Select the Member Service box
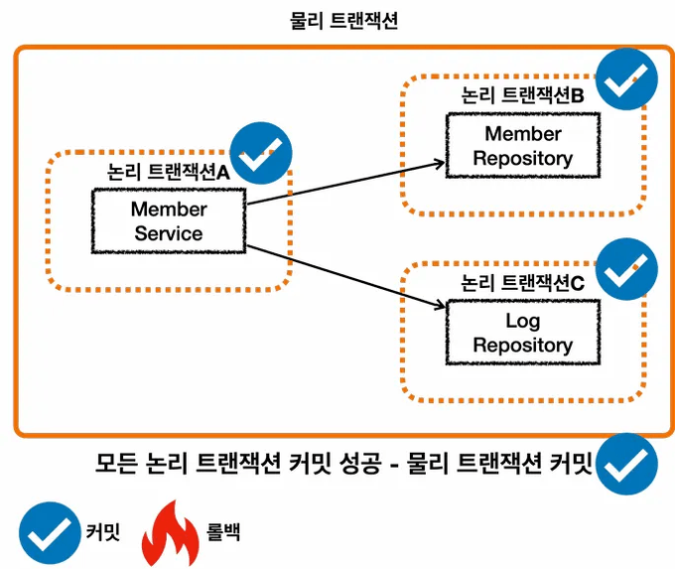pos(169,221)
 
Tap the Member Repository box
pos(522,145)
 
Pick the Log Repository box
pos(522,334)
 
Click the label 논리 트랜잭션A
pos(168,172)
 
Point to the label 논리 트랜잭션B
pos(522,95)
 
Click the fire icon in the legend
pos(172,534)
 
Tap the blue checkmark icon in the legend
pos(50,534)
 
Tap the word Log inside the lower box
pos(522,321)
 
